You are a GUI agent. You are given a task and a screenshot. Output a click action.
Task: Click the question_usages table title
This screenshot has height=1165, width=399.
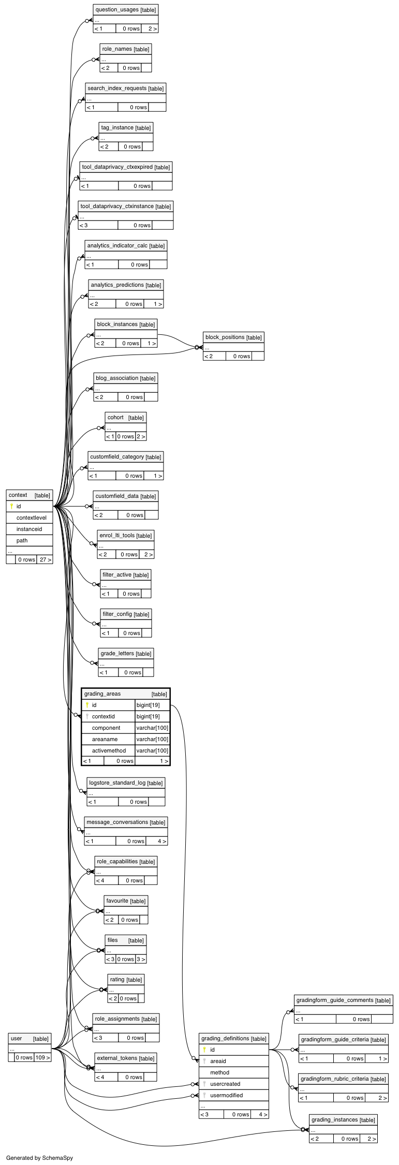[x=126, y=9]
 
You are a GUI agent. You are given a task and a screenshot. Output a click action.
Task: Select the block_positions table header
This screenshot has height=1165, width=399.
[x=233, y=337]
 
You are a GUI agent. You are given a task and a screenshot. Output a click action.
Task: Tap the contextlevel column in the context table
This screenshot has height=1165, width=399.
[x=31, y=518]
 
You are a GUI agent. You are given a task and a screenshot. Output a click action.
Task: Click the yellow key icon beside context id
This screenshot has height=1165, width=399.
[x=11, y=506]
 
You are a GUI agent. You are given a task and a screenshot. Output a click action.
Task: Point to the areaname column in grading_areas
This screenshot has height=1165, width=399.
[x=105, y=739]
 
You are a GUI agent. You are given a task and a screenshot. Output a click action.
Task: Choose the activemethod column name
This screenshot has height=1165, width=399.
[x=109, y=750]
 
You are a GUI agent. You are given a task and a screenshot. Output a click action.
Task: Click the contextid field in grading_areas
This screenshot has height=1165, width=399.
[x=103, y=716]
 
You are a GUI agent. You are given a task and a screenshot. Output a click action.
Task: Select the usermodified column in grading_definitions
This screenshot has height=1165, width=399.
[x=226, y=1095]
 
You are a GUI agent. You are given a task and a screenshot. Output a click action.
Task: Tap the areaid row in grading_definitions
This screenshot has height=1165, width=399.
[x=218, y=1061]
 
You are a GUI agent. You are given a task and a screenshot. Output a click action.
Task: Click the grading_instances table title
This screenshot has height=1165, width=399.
[x=343, y=1119]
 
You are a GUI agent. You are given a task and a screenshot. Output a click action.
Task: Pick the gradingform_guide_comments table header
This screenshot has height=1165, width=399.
[x=343, y=1000]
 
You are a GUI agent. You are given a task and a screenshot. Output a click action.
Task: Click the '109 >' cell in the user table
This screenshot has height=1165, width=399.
[x=42, y=1057]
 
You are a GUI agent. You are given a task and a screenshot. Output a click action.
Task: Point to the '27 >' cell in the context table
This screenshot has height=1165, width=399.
[x=45, y=559]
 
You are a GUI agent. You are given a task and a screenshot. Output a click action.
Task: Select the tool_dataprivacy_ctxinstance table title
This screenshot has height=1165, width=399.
[x=126, y=206]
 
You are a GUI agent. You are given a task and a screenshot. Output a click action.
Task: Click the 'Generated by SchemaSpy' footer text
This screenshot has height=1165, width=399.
[x=39, y=1158]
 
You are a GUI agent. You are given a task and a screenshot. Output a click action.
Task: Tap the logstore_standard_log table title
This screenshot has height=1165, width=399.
[x=126, y=783]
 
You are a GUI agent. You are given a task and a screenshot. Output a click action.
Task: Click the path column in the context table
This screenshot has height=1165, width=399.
[x=22, y=540]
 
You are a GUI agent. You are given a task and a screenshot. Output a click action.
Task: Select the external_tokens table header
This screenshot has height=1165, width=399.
[x=125, y=1058]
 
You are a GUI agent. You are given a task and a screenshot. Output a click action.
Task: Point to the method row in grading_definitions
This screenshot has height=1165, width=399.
[x=219, y=1072]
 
